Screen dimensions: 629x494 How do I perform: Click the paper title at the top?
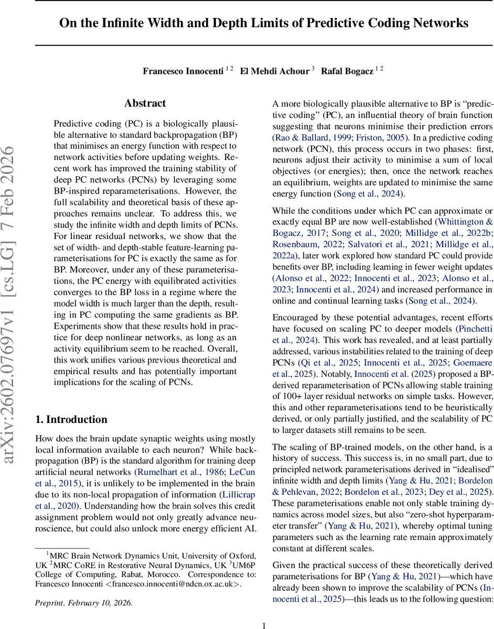click(x=263, y=23)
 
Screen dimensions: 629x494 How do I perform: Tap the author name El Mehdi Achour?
click(x=275, y=71)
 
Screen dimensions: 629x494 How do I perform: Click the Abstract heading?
click(x=145, y=103)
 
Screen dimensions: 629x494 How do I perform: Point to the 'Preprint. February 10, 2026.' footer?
click(x=83, y=603)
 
